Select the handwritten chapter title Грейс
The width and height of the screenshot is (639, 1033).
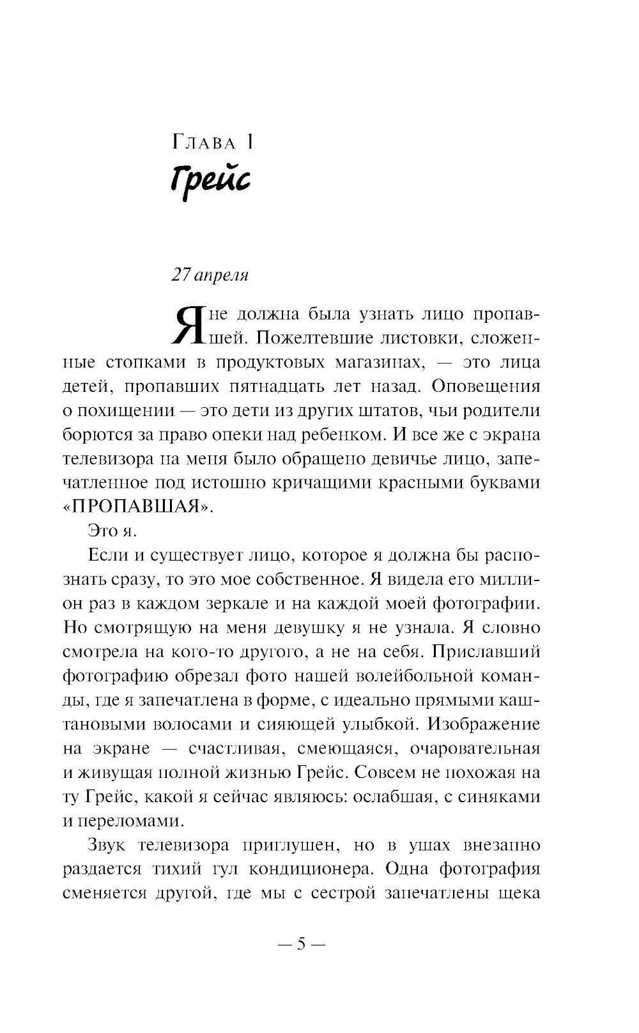210,181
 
